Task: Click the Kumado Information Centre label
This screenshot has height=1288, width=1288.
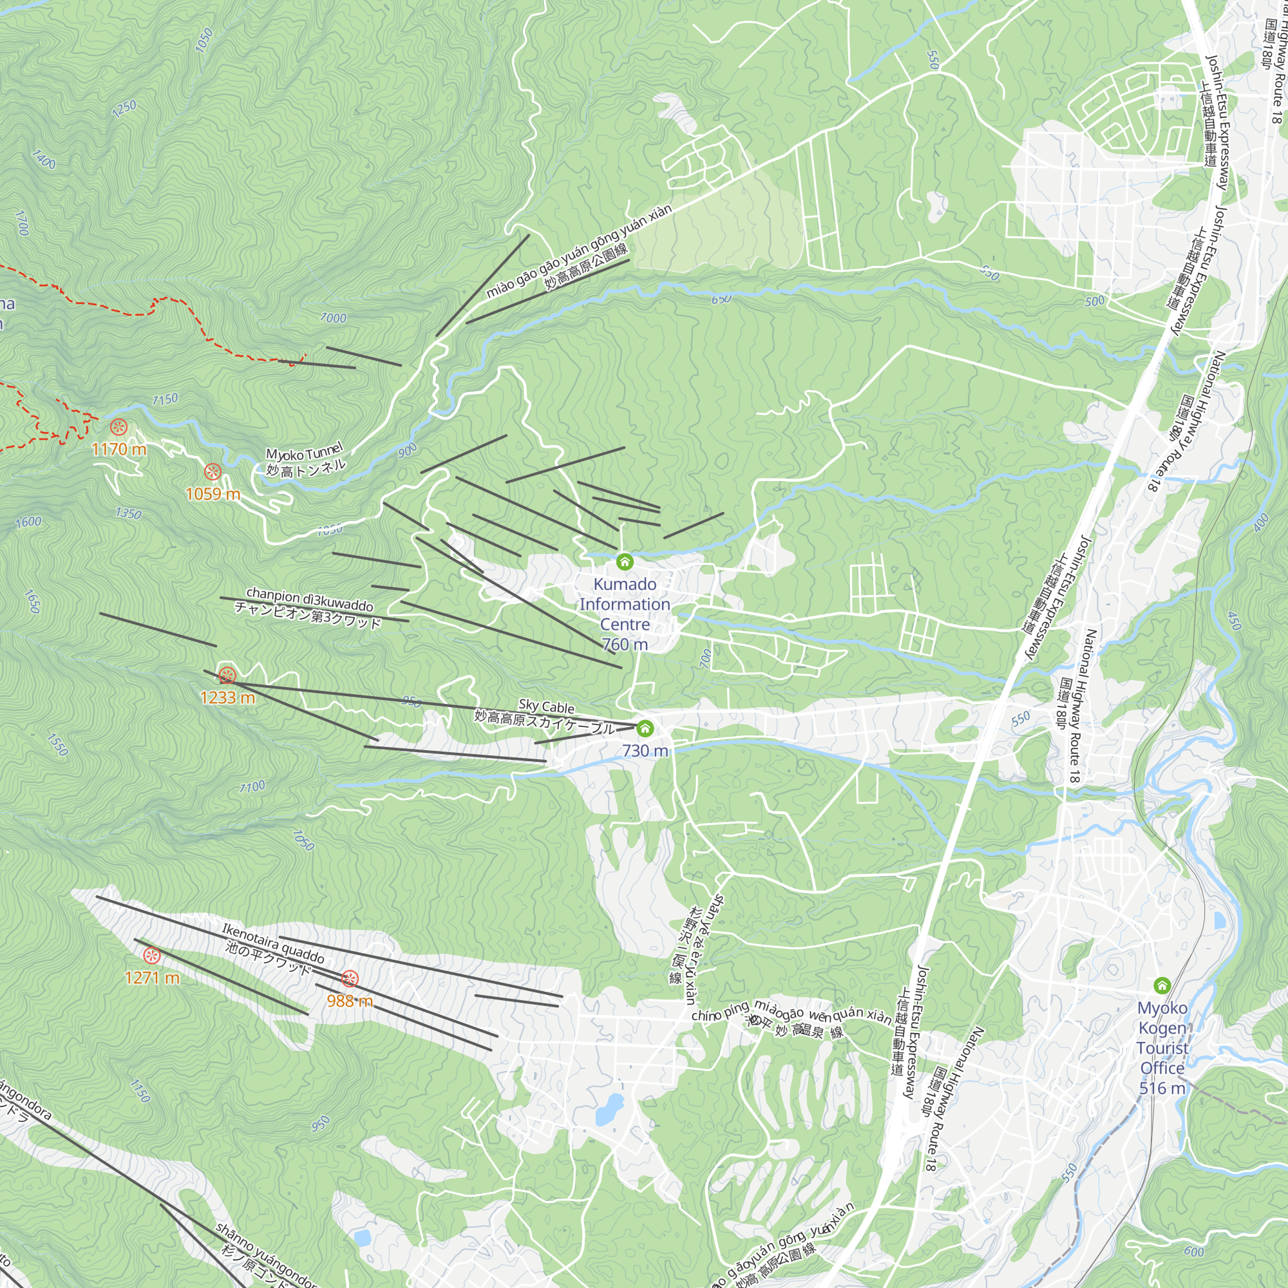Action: point(625,604)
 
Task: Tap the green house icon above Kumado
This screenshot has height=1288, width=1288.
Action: point(625,562)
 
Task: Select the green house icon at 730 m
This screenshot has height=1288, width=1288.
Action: point(645,728)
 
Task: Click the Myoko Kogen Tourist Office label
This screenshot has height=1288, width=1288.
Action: point(1162,1038)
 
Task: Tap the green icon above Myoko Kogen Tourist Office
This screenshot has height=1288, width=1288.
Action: point(1162,985)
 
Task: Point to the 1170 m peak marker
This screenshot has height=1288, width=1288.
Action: point(118,428)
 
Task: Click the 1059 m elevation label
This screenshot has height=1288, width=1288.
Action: point(213,494)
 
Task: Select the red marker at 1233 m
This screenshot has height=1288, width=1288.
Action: point(227,676)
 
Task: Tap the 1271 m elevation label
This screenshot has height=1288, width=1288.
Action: point(152,978)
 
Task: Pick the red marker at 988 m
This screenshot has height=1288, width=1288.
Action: point(350,979)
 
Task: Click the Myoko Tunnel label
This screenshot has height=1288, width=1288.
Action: point(305,459)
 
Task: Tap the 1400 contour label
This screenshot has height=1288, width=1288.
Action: point(43,159)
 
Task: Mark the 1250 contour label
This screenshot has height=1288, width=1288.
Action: point(124,108)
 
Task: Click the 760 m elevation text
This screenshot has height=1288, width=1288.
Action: point(625,645)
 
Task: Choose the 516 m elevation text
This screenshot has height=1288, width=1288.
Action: point(1162,1088)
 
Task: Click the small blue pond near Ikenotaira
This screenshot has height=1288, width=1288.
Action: point(609,1109)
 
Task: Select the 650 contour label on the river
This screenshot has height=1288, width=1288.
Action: point(721,299)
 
